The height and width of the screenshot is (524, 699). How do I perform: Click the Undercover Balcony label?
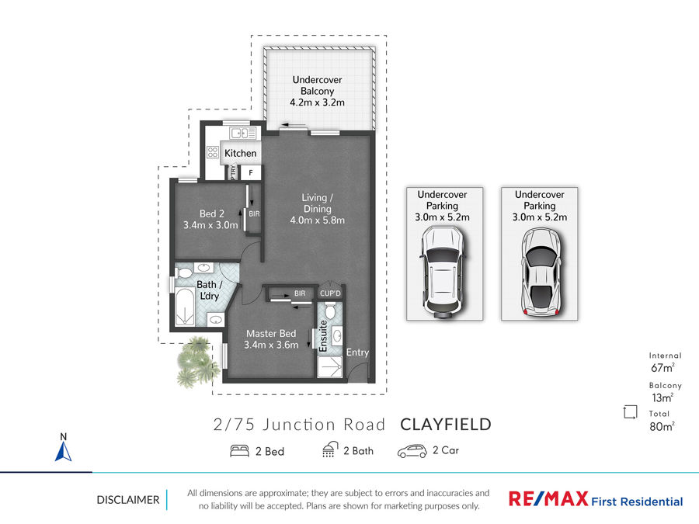[x=317, y=85]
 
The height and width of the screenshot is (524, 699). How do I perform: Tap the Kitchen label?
[x=240, y=153]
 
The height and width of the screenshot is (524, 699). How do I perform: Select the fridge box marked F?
[x=251, y=173]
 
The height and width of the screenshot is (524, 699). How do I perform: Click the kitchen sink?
[x=243, y=133]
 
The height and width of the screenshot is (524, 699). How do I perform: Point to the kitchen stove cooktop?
[x=213, y=152]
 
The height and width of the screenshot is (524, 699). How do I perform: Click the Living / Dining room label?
[x=317, y=203]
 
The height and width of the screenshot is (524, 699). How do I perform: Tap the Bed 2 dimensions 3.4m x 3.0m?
[x=210, y=225]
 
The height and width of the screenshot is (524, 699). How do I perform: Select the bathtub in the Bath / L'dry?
[x=185, y=307]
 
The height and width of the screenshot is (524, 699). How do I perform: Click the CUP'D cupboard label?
[x=330, y=293]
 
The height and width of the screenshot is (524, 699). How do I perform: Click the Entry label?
[x=357, y=352]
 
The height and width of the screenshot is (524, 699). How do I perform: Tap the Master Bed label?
[x=271, y=333]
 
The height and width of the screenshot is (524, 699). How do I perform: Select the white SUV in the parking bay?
[x=444, y=272]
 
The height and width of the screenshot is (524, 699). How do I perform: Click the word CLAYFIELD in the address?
[x=446, y=425]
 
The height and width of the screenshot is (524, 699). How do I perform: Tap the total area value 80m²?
[x=662, y=426]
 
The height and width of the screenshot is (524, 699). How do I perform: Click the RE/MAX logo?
[x=548, y=498]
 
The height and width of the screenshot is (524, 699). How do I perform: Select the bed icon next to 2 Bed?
[x=239, y=451]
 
